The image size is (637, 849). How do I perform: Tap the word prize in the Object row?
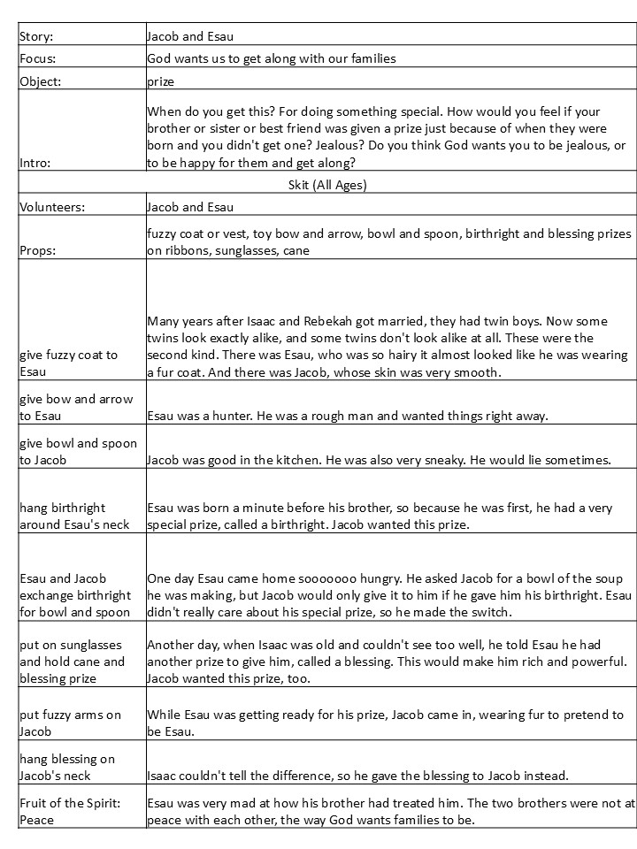coord(160,80)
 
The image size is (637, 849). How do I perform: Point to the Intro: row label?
coord(35,164)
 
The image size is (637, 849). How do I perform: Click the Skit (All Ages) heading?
coord(327,185)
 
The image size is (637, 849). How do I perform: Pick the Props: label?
coord(38,250)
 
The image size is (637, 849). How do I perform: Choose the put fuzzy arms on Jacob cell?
coord(71,723)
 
